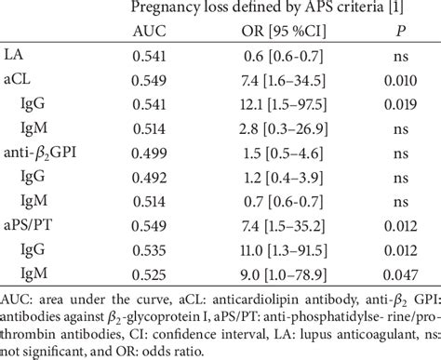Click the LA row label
click(x=15, y=55)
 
